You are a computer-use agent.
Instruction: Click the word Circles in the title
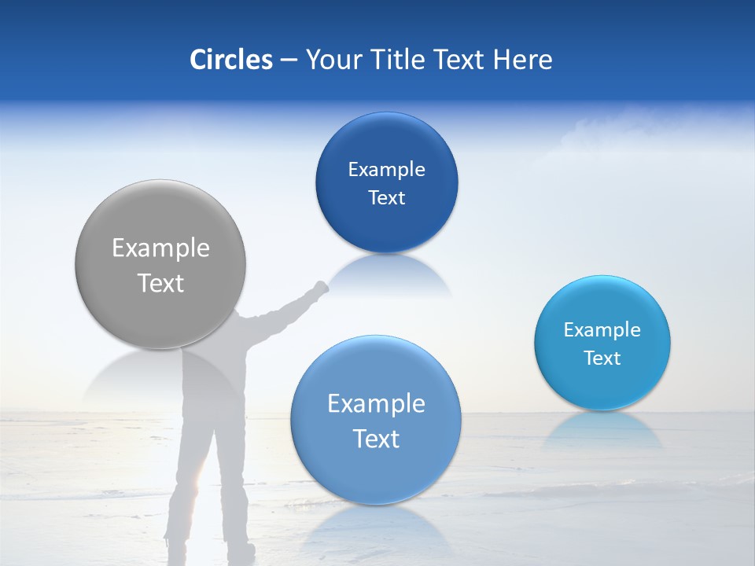click(x=231, y=60)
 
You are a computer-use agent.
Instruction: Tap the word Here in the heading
click(x=521, y=60)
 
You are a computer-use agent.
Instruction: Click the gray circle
click(x=160, y=265)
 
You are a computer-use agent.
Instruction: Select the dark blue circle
click(x=386, y=182)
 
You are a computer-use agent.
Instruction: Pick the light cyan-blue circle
click(x=602, y=343)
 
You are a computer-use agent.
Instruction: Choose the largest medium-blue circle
click(x=375, y=420)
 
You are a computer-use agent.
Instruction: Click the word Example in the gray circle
click(x=160, y=248)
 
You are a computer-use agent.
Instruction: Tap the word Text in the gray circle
click(x=160, y=283)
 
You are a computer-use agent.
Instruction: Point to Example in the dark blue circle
click(x=386, y=169)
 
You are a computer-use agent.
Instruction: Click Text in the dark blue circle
click(x=386, y=197)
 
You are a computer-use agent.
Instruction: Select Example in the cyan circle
click(x=602, y=329)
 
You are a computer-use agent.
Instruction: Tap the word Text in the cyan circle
click(x=602, y=358)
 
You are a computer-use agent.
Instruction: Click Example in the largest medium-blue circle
click(x=376, y=403)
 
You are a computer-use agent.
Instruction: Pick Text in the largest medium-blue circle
click(x=376, y=438)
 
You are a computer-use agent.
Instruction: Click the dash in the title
click(x=289, y=60)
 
